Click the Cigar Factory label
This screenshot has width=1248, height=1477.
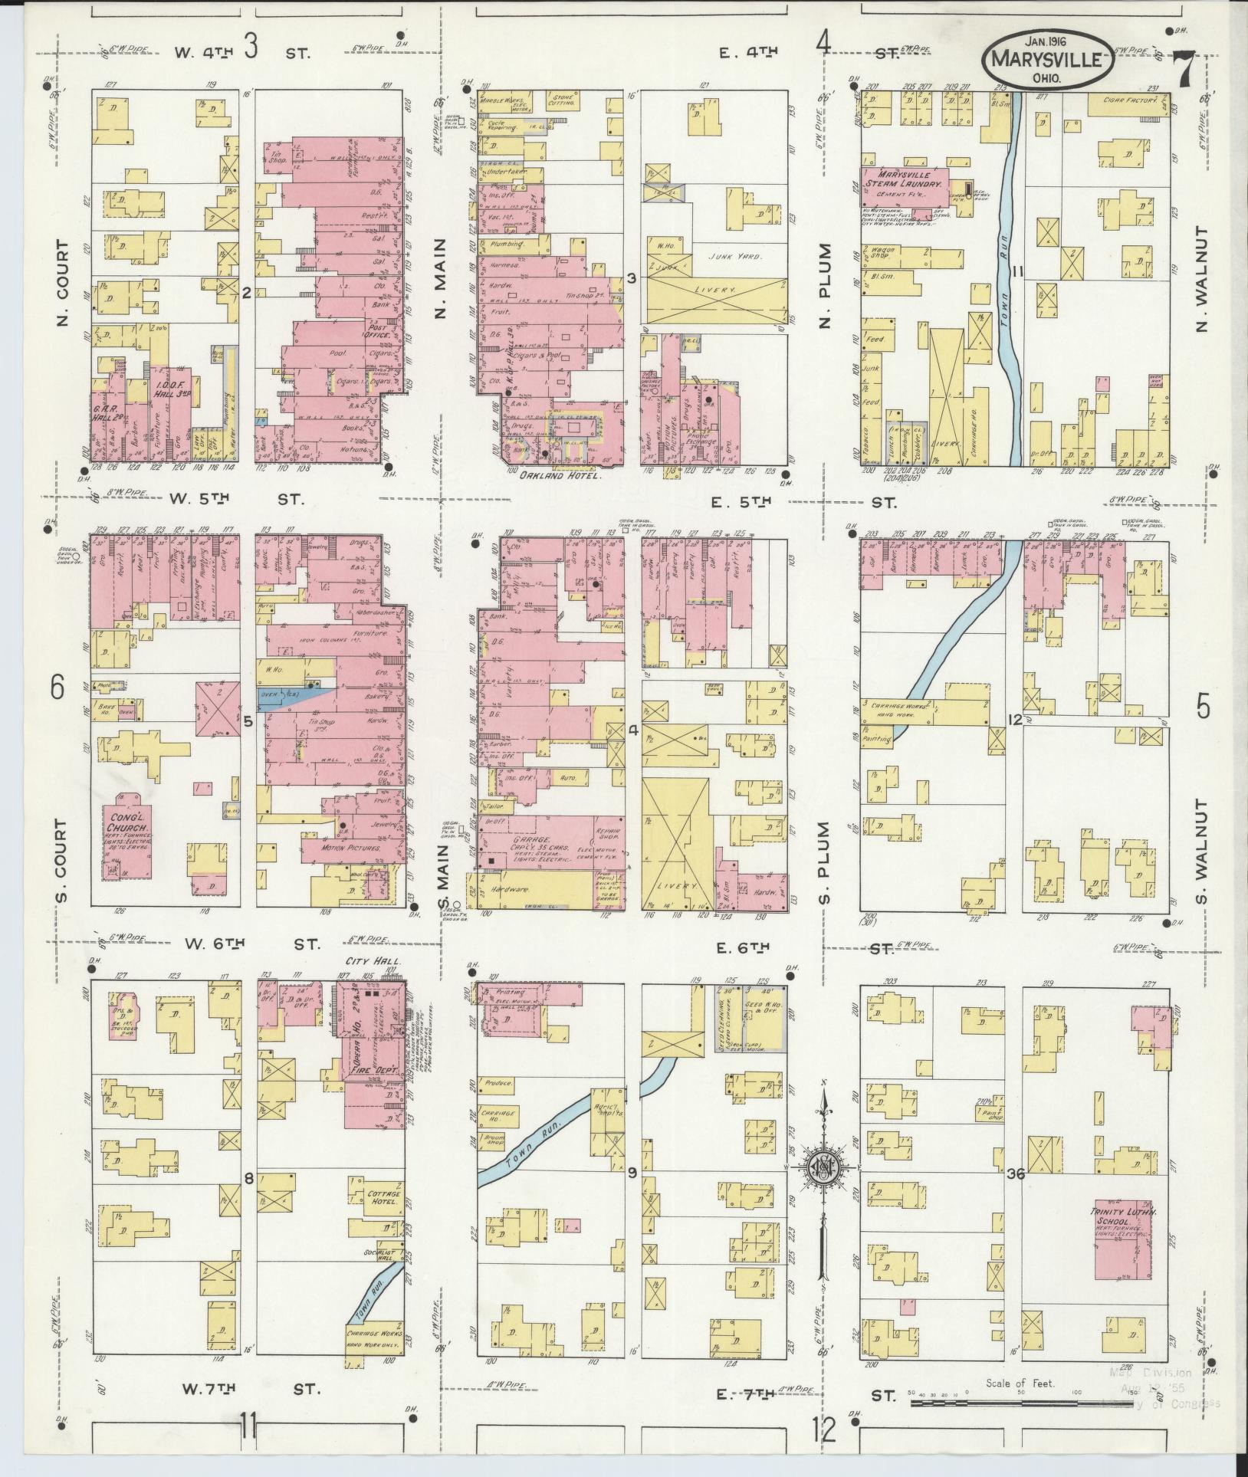(x=1125, y=100)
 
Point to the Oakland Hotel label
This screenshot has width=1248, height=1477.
(x=557, y=475)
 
